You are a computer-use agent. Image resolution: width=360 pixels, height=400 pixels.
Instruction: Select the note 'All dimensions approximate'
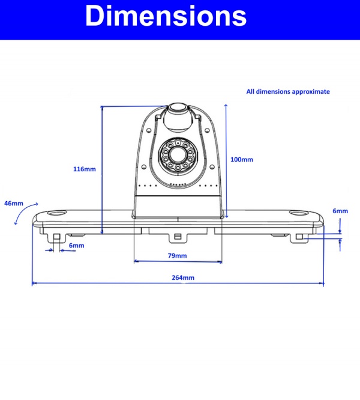288,92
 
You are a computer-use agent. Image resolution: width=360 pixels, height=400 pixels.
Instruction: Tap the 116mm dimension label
84,169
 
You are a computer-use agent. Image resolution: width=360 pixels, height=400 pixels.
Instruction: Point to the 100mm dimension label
242,160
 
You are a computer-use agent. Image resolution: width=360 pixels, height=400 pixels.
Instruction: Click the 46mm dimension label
13,204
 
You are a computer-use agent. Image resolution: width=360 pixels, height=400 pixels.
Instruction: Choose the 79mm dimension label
178,256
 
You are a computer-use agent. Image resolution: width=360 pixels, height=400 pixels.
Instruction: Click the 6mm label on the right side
340,211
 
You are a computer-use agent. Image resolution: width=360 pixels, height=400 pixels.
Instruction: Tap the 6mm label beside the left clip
76,246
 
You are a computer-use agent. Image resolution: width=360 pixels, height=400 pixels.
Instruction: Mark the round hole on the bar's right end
298,213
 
